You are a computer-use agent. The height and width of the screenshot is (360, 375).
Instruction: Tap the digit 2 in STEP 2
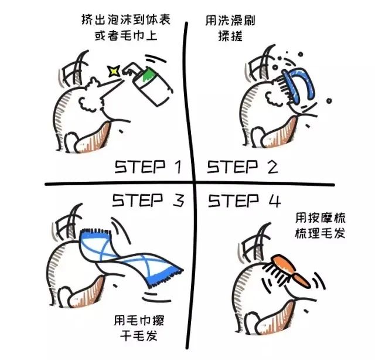tap(271, 168)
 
